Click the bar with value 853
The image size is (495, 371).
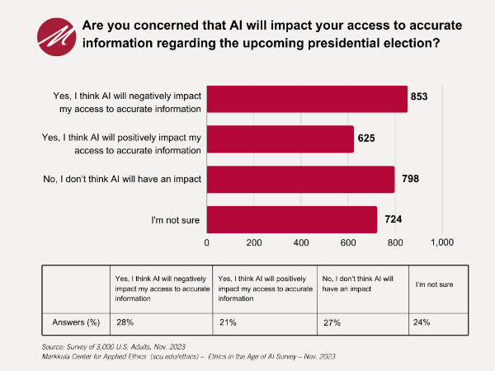pos(307,99)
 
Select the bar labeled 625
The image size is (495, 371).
pos(280,139)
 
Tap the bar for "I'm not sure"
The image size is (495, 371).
pos(291,219)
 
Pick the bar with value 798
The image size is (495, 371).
pos(300,180)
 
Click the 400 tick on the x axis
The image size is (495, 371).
pos(300,243)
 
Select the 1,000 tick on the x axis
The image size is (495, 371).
pos(441,243)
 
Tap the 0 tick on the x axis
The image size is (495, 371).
pos(206,243)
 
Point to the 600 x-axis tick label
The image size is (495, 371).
pos(347,243)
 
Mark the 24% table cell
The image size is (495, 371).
pos(422,322)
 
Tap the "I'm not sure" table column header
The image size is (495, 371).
pos(434,284)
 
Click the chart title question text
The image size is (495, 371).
pos(272,32)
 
